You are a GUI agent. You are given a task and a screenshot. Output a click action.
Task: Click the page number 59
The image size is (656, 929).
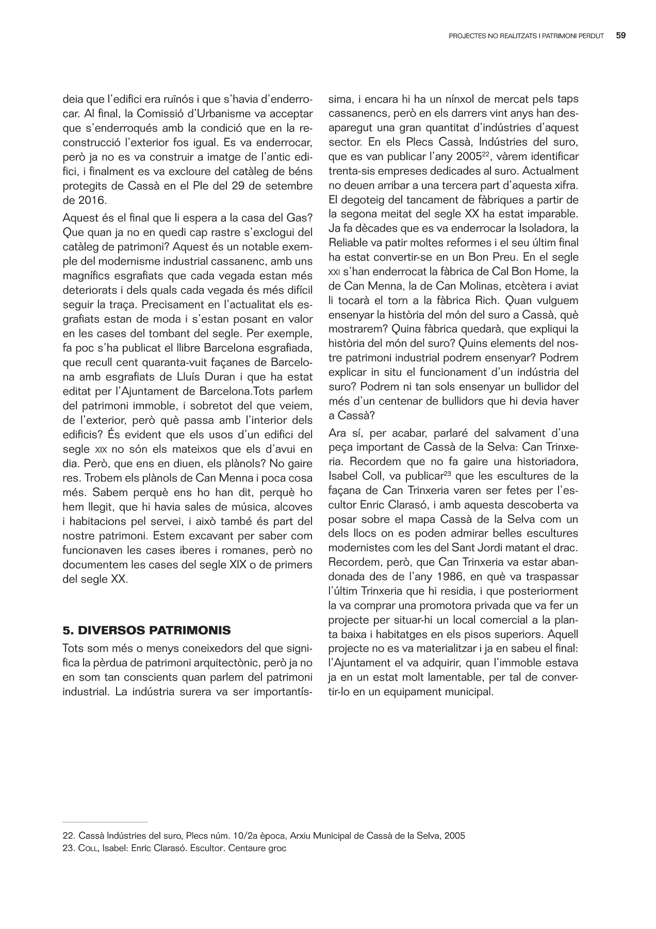coord(621,36)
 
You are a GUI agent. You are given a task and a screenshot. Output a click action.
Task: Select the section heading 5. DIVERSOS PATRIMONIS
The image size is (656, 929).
coord(147,630)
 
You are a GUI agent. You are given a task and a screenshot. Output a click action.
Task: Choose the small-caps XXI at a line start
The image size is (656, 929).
coord(334,272)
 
